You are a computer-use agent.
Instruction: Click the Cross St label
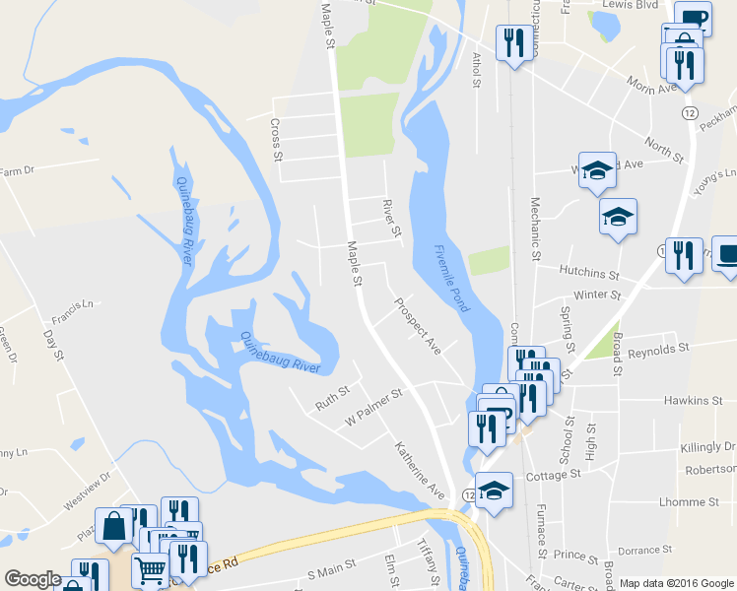[x=277, y=140]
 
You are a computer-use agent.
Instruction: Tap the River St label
[x=391, y=219]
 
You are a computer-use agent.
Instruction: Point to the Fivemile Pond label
[x=452, y=279]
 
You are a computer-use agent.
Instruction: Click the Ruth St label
[x=332, y=399]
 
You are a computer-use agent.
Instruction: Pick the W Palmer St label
[x=373, y=408]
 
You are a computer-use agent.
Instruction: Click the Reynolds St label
[x=657, y=350]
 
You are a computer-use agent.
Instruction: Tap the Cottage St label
[x=553, y=475]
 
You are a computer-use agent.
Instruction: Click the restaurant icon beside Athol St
[x=512, y=42]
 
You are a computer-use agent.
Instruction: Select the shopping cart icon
[x=150, y=569]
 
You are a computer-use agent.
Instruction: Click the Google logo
[x=33, y=579]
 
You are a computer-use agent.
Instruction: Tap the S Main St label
[x=330, y=572]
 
